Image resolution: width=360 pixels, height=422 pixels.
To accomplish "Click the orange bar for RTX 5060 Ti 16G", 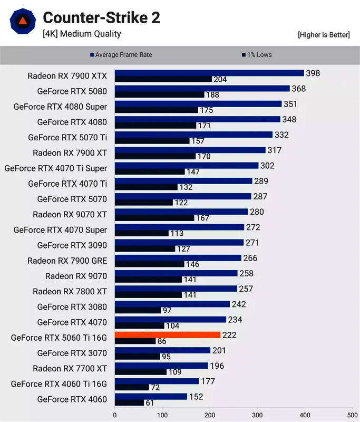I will tap(167, 334).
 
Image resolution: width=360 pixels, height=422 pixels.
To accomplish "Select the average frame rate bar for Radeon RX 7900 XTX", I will tap(209, 73).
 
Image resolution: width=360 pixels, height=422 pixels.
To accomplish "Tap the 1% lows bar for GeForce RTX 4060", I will tap(129, 403).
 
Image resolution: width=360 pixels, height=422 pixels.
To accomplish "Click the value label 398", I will tap(313, 73).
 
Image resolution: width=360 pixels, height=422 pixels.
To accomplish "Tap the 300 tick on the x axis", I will tap(257, 414).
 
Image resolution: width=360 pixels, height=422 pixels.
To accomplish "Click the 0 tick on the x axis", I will tap(115, 414).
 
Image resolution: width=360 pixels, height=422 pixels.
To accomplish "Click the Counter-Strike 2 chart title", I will tap(101, 18).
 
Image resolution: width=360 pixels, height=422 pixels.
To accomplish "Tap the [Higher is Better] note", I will tap(324, 35).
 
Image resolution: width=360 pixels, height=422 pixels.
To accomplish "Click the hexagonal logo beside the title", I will tap(23, 22).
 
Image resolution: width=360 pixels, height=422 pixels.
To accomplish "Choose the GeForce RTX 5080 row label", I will tap(72, 91).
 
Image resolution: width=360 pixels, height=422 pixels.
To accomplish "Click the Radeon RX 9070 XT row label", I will tap(70, 215).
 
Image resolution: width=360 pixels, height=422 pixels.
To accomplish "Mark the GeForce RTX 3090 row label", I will tap(72, 245).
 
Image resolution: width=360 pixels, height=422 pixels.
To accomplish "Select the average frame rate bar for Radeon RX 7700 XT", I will tap(161, 365).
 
